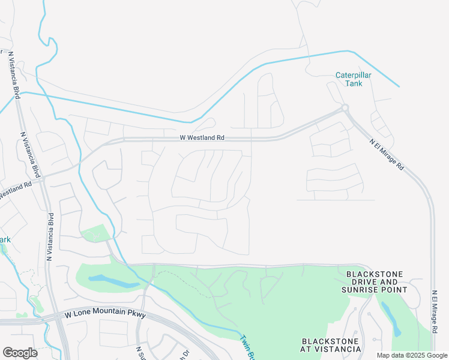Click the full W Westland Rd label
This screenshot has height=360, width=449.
[202, 137]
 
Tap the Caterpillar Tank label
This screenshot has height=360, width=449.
[354, 79]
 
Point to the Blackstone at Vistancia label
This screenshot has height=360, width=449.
[330, 345]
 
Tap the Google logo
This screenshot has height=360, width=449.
[20, 352]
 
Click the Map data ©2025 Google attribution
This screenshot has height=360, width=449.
[411, 355]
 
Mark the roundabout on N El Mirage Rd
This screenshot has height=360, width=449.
[345, 108]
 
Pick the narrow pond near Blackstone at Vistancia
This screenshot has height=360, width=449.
[390, 319]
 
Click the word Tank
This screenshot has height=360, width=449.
[354, 83]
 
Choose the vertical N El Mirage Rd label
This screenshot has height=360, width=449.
[433, 312]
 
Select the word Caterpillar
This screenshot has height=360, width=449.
[354, 75]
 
